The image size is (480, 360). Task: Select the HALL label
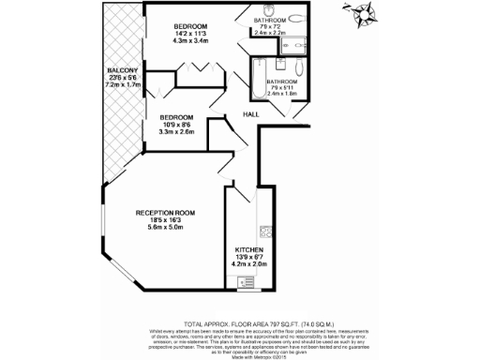tap(251, 114)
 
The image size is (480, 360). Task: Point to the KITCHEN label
tap(249, 249)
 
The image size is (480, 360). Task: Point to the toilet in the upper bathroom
tap(297, 20)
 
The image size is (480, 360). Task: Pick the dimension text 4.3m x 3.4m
tap(195, 41)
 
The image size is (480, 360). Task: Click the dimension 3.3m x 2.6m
tap(171, 132)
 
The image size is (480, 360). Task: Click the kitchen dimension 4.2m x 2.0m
tap(249, 264)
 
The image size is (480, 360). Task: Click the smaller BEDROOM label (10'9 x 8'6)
tap(171, 117)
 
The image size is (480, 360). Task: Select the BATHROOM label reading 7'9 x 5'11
tap(283, 81)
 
